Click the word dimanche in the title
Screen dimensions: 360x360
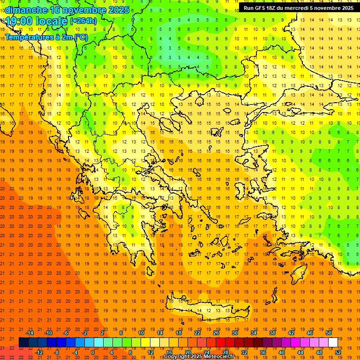[x=26, y=10]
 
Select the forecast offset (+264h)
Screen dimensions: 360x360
[x=83, y=21]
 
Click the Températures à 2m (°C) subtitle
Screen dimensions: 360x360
[x=46, y=37]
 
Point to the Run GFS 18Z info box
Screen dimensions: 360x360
[x=298, y=7]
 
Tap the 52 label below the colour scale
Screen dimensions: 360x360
[x=338, y=352]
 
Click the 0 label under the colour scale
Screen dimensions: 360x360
[x=93, y=352]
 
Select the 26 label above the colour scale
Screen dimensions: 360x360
[x=216, y=333]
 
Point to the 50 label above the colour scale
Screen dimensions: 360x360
[x=329, y=333]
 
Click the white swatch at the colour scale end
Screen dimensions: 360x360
[x=333, y=343]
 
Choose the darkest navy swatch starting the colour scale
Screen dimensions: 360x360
[x=23, y=343]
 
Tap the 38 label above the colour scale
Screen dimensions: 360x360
[x=272, y=333]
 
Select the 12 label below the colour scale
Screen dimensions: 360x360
[x=150, y=352]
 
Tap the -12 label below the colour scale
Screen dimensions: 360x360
[x=39, y=352]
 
